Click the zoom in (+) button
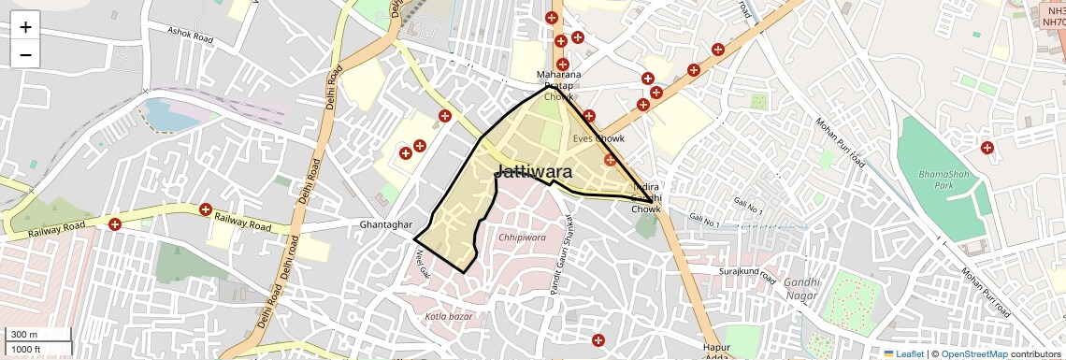(x=25, y=27)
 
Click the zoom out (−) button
(x=25, y=54)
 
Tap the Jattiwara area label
(x=533, y=171)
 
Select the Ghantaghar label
(x=386, y=225)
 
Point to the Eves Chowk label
(x=598, y=139)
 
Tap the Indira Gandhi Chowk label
(x=645, y=197)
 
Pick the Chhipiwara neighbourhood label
(x=522, y=238)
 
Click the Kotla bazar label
(x=449, y=316)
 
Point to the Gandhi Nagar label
(x=802, y=288)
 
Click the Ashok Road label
(x=191, y=34)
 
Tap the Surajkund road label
(x=747, y=275)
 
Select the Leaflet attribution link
(x=904, y=353)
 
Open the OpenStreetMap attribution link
(x=973, y=353)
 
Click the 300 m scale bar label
(x=24, y=335)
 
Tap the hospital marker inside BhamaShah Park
(x=987, y=147)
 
